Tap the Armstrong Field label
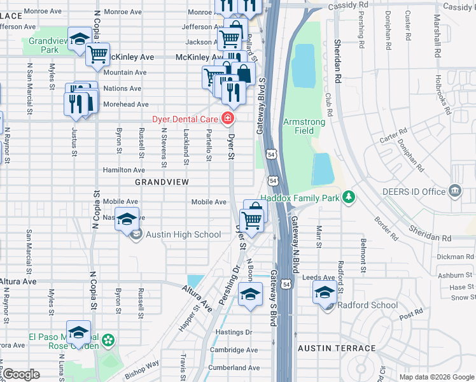click(x=304, y=126)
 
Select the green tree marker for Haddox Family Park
click(x=348, y=198)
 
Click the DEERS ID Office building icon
click(x=454, y=190)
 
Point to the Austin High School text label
click(x=183, y=235)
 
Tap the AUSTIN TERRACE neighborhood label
click(x=337, y=348)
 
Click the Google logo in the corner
click(x=21, y=374)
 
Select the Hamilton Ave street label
click(x=124, y=170)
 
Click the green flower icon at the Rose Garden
click(x=109, y=341)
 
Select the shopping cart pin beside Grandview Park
click(x=97, y=55)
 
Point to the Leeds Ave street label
click(x=319, y=278)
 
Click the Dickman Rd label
click(x=455, y=257)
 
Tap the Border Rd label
click(x=386, y=224)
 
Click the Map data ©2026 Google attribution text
click(x=437, y=377)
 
